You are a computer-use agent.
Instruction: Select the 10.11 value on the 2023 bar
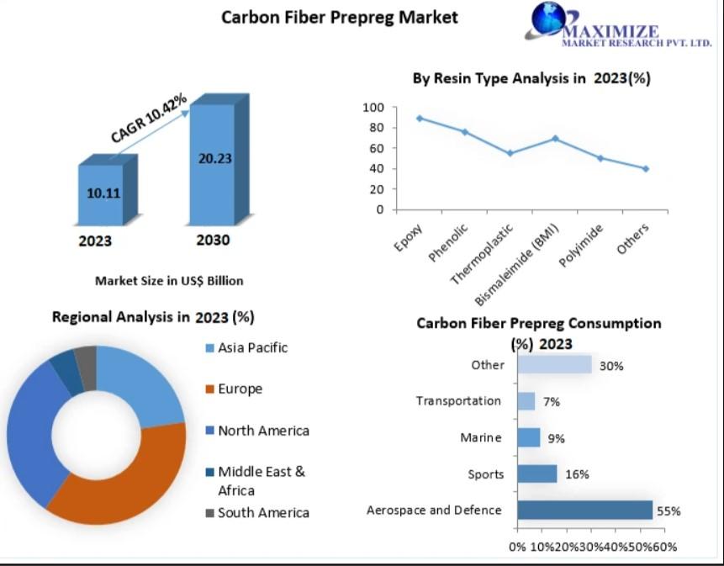pos(103,193)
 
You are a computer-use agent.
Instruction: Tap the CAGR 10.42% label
pos(148,119)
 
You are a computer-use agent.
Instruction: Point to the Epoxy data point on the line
pos(419,118)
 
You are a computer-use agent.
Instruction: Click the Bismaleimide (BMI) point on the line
pos(555,138)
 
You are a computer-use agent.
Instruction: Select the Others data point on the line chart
pos(646,168)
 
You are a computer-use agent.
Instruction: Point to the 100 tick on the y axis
pos(374,108)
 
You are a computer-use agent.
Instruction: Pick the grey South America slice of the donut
pos(86,358)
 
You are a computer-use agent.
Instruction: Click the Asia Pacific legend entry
pos(252,347)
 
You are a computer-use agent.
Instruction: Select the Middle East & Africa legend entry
pos(260,481)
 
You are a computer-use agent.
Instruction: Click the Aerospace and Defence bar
pos(584,510)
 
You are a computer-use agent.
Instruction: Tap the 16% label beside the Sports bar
pos(577,474)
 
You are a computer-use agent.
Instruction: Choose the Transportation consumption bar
pos(526,401)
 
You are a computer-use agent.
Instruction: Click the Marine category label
pos(481,437)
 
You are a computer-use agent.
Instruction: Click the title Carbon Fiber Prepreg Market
pos(340,17)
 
